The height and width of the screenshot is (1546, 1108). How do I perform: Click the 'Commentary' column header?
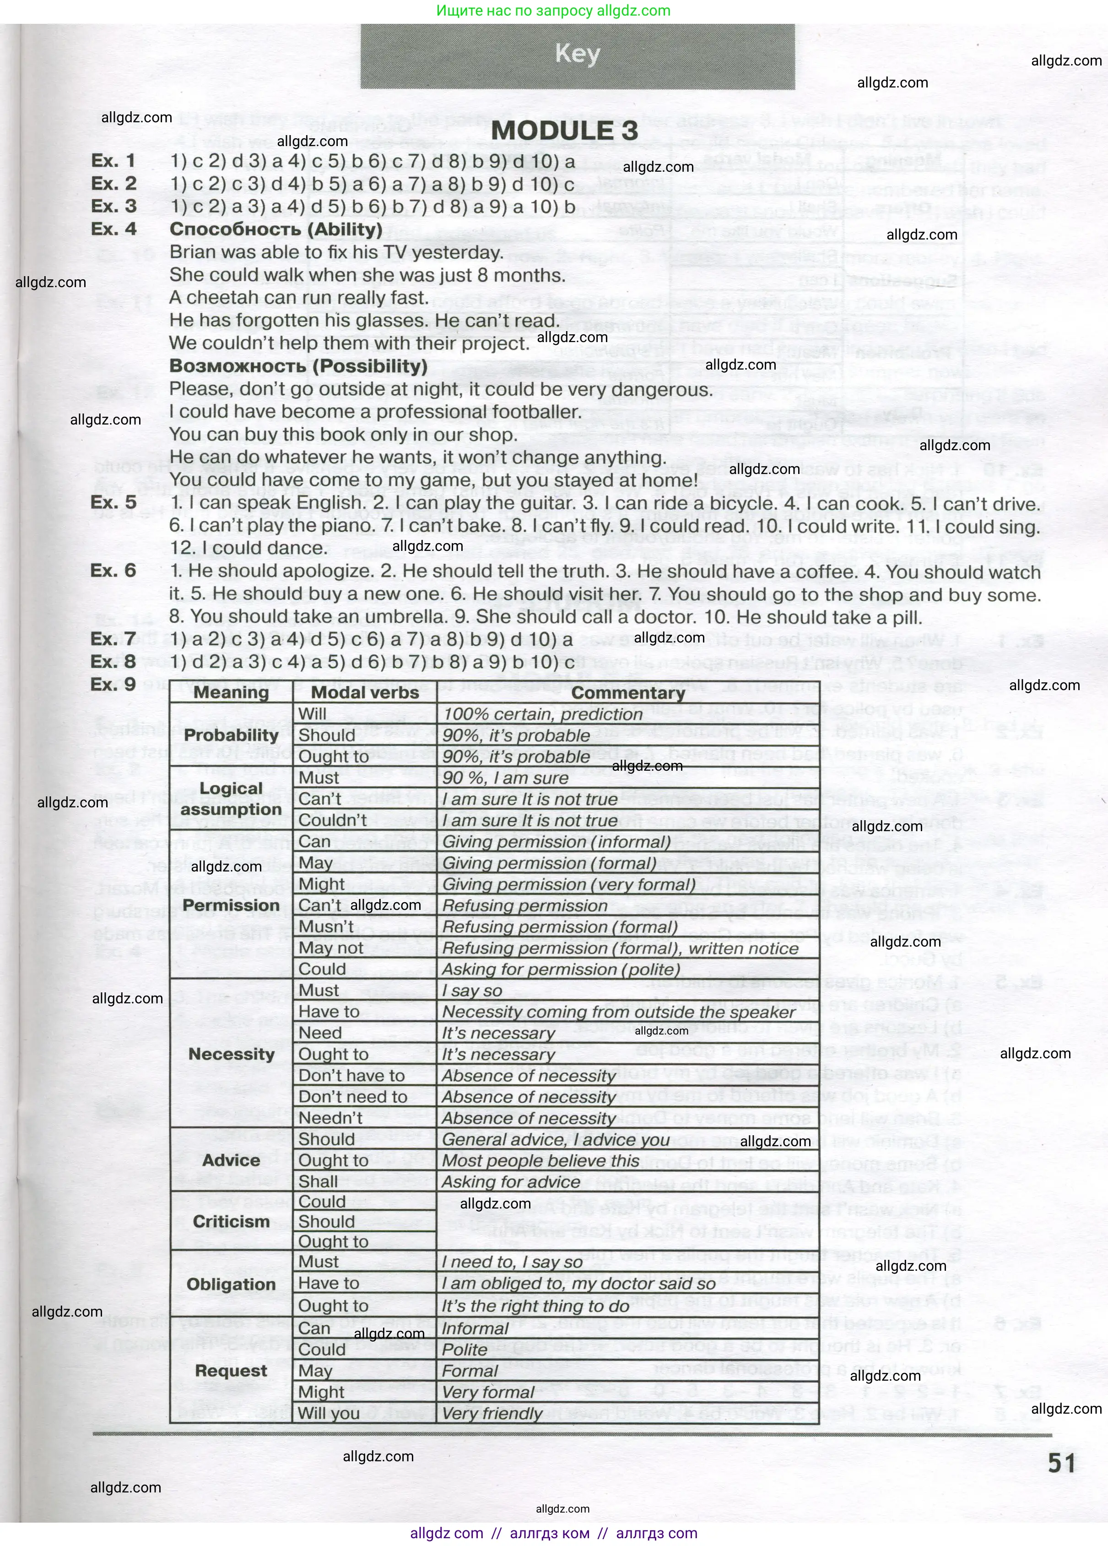coord(627,693)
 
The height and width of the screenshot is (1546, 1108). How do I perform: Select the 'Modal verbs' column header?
coord(365,693)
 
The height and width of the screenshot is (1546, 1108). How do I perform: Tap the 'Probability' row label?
coord(231,735)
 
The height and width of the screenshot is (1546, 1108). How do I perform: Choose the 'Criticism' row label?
coord(231,1221)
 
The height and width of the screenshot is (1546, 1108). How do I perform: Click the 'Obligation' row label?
coord(231,1284)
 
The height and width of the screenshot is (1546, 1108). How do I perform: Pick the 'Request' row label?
coord(231,1371)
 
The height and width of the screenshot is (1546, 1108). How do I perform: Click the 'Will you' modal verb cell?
coord(329,1413)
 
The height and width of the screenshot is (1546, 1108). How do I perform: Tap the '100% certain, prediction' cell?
coord(542,714)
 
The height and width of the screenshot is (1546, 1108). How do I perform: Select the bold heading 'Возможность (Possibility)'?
coord(298,366)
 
